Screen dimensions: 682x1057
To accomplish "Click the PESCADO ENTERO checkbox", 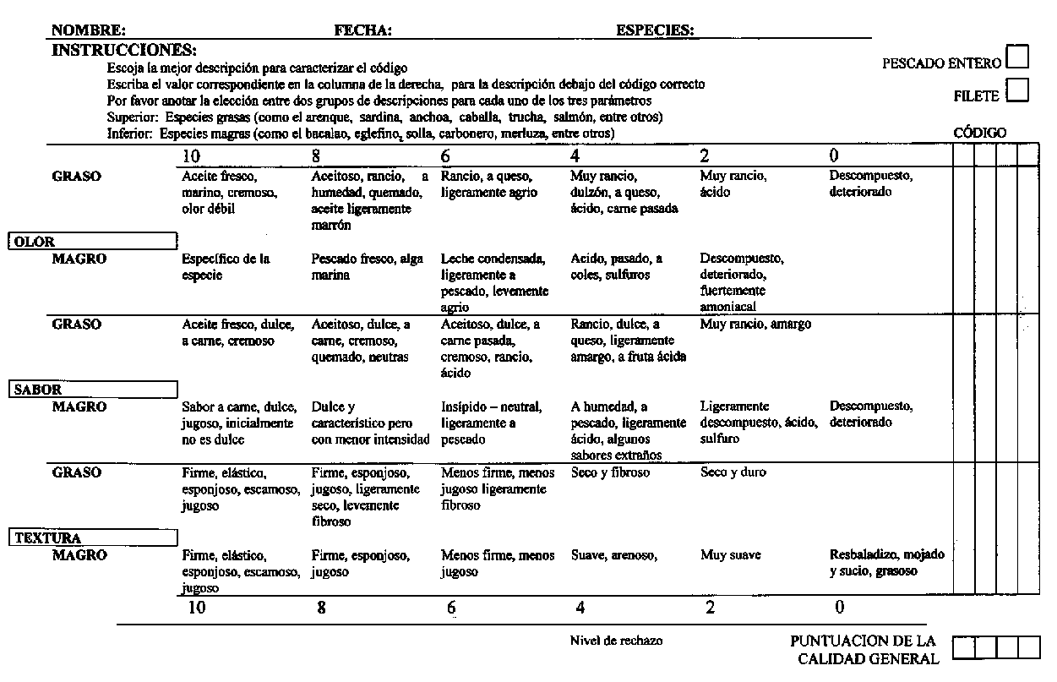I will coord(1019,57).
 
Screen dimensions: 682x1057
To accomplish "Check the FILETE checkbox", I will coord(1017,90).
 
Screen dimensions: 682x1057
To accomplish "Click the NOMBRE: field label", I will coord(90,30).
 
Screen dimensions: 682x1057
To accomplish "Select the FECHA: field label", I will coord(363,30).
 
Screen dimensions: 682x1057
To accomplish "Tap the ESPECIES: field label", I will coord(656,30).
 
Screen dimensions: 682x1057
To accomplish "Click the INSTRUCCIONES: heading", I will coord(124,50).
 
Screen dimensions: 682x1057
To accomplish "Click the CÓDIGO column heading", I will coord(980,133).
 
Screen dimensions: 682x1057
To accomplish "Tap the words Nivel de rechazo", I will coord(616,641).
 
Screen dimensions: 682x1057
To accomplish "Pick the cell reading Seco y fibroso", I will coord(610,473).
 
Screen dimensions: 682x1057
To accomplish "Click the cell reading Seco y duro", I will coord(733,473).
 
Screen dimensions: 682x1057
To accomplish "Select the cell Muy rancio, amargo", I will coord(755,325).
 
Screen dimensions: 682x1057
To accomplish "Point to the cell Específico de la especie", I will coord(225,267).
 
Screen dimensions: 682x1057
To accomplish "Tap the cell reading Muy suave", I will coord(730,555).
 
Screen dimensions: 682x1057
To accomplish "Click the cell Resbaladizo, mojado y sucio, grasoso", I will coord(886,563).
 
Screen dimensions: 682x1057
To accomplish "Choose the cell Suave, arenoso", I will coord(613,555).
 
